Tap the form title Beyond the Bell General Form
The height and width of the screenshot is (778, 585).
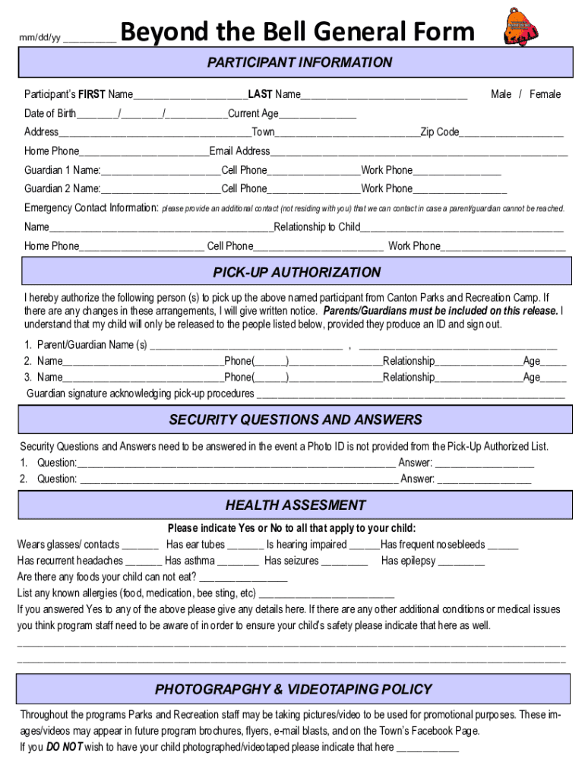[x=297, y=32]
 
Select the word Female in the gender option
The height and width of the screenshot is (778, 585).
[x=545, y=94]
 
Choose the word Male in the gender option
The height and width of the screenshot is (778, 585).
[x=501, y=94]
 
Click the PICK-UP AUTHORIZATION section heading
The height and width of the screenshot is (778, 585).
[x=296, y=273]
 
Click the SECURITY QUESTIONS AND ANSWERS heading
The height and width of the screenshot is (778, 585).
[x=296, y=419]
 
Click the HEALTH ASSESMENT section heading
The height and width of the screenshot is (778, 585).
[x=296, y=505]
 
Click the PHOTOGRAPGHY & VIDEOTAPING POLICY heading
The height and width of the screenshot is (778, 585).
[x=293, y=689]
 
